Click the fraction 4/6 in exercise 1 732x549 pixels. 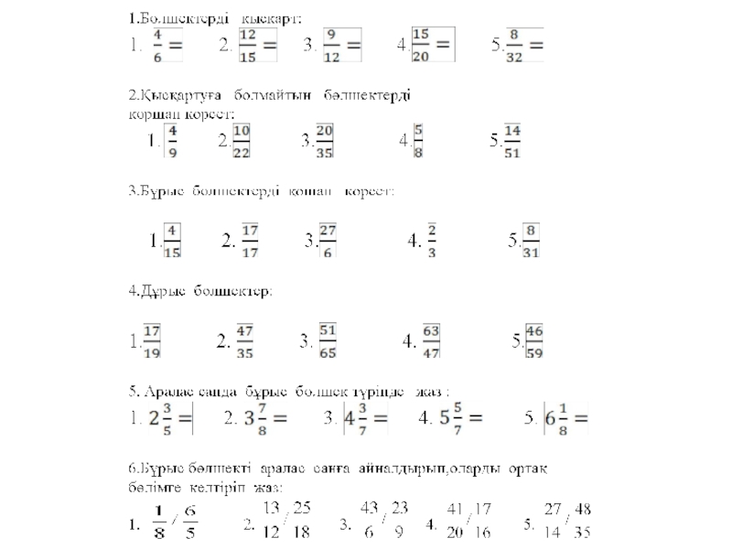[x=158, y=44]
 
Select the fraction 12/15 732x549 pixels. [x=247, y=44]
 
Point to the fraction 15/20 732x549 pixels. [x=421, y=44]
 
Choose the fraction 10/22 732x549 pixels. [x=242, y=142]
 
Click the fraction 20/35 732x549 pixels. [x=324, y=142]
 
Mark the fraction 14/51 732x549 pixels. [x=511, y=142]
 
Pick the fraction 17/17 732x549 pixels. [x=251, y=241]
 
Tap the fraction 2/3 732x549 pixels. [x=432, y=241]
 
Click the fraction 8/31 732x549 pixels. [x=531, y=241]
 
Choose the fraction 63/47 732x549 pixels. [x=431, y=340]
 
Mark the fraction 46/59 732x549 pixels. [x=534, y=340]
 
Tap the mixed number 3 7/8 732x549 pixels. [x=254, y=418]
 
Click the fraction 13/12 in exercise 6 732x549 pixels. [x=271, y=518]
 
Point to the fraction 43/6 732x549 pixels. [x=369, y=518]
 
